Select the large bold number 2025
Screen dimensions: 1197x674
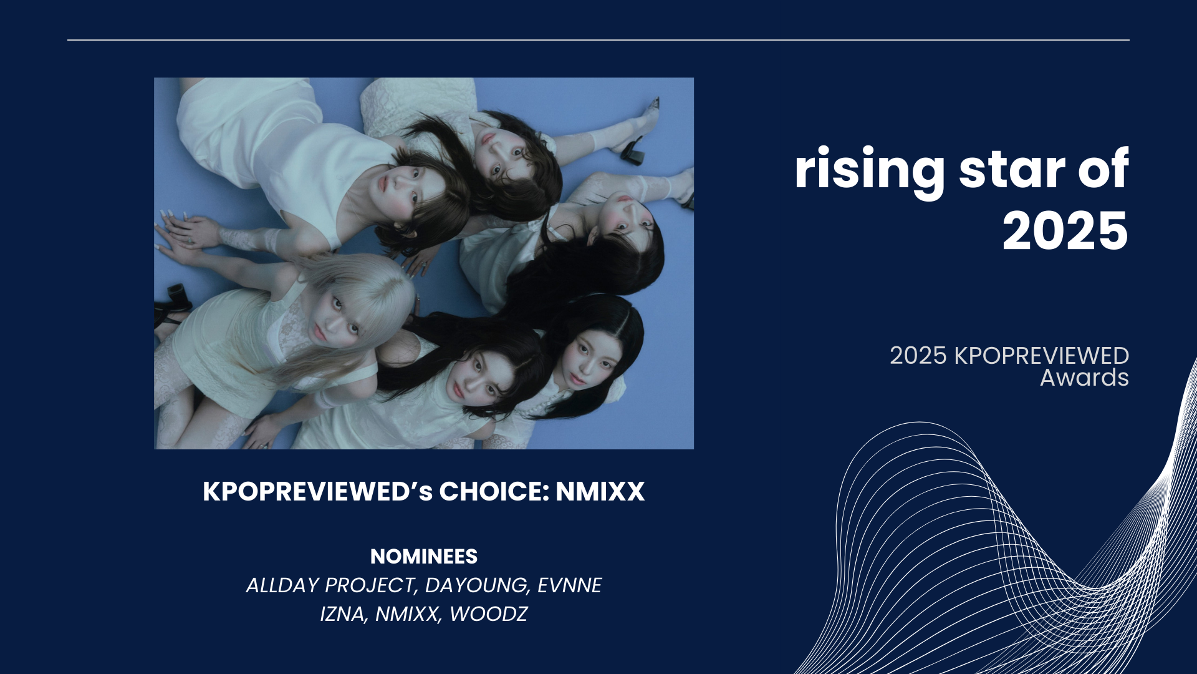coord(1065,231)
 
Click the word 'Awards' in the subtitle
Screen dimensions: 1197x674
coord(1084,378)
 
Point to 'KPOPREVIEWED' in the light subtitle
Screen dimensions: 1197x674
coord(1042,356)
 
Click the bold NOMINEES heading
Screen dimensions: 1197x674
coord(424,556)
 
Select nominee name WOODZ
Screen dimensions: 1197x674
coord(488,614)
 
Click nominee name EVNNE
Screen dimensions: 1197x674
coord(570,585)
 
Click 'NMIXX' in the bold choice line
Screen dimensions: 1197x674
coord(600,492)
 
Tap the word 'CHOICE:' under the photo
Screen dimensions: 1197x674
coord(494,492)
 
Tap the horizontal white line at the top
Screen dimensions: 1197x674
coord(598,40)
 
